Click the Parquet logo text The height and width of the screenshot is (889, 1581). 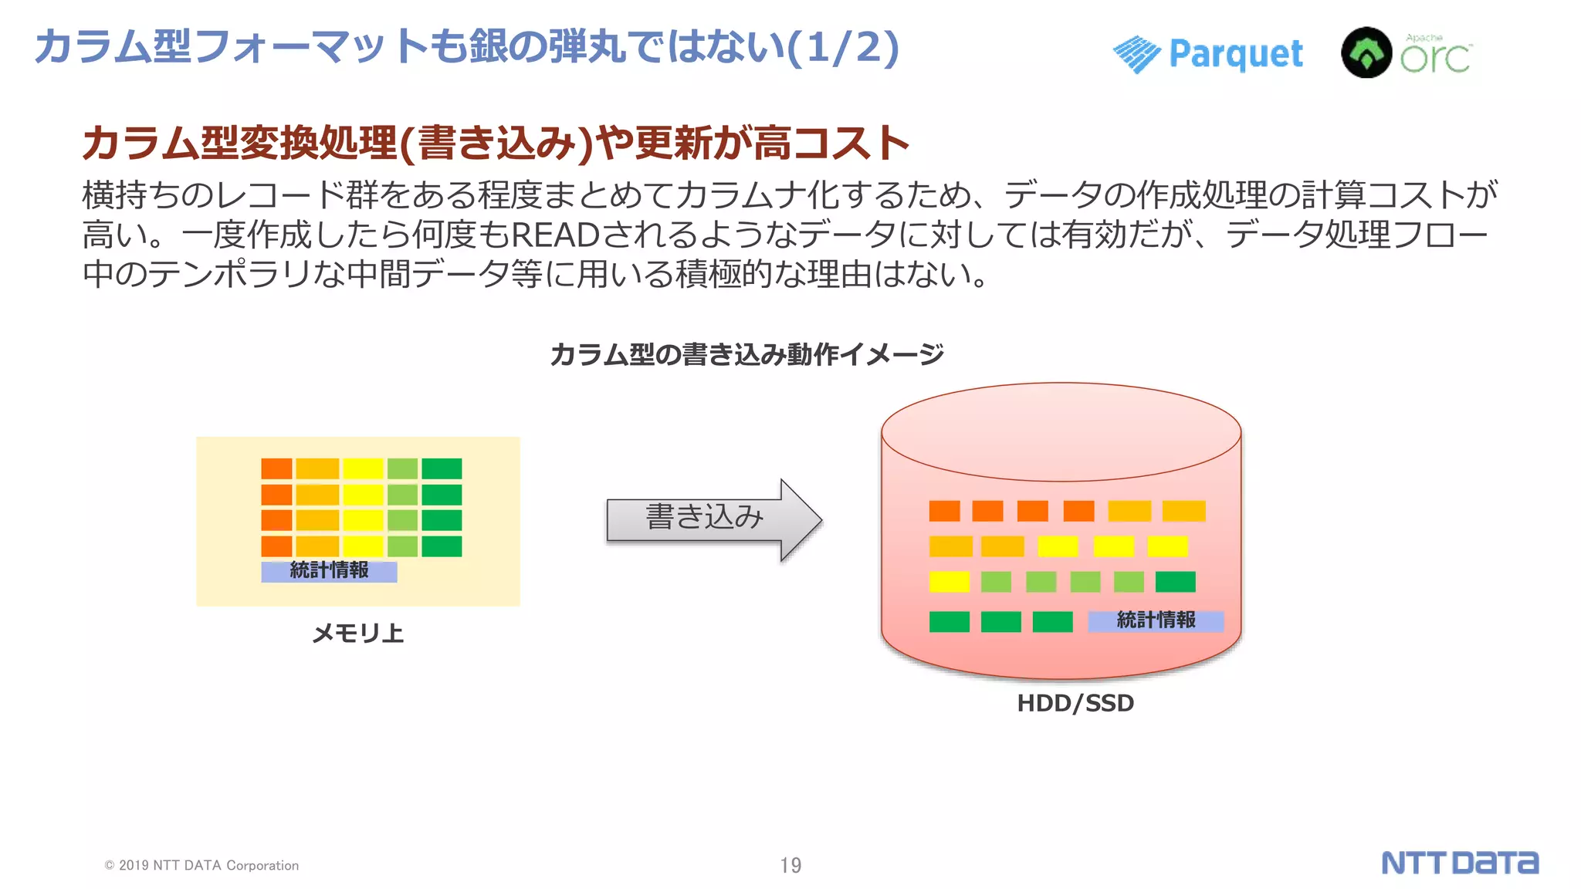[1235, 54]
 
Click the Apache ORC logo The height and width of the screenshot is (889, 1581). [1407, 52]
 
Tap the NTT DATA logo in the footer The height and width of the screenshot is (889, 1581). [1459, 863]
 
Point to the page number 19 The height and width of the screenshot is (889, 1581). [790, 865]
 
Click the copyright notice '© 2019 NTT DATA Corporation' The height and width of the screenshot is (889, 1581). [201, 865]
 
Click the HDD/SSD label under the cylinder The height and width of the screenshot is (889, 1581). [1075, 703]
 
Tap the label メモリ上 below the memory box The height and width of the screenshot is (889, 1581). [357, 634]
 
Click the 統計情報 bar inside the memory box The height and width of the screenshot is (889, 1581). [329, 571]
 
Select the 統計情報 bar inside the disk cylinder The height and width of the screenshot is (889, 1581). [1156, 620]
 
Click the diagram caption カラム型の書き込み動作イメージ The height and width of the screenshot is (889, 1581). [746, 355]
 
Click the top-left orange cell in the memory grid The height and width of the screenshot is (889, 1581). [276, 468]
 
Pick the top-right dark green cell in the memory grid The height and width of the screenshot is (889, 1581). [442, 468]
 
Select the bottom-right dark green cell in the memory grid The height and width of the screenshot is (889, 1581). [442, 546]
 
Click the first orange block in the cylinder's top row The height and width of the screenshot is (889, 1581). [944, 511]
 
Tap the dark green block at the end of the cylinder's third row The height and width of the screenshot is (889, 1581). [1175, 582]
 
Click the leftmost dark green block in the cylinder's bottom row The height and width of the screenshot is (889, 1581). [949, 621]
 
